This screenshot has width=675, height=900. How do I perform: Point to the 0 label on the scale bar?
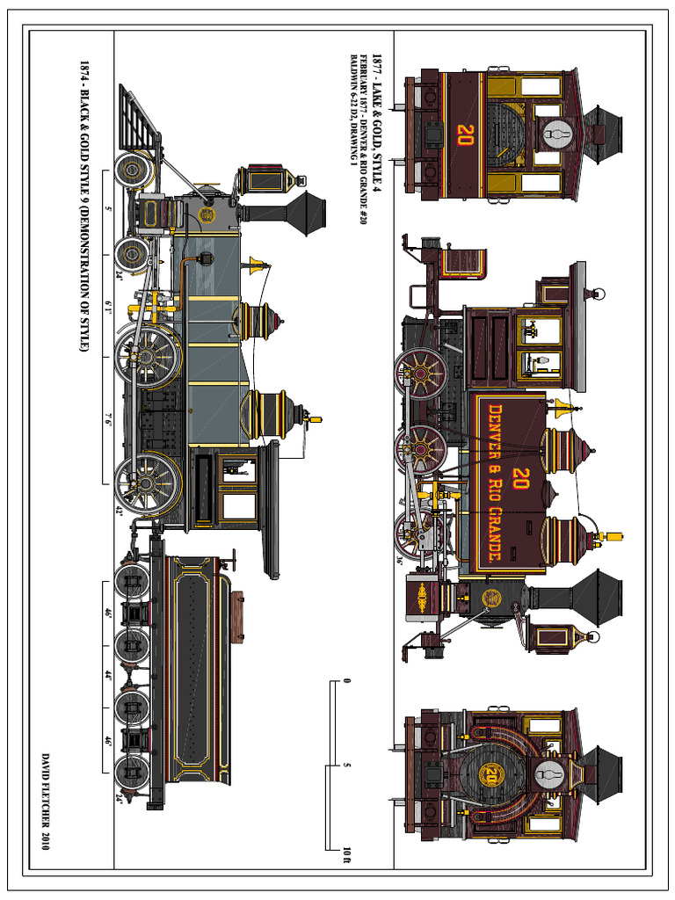[348, 681]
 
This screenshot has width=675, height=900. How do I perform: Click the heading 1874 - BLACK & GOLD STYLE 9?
[84, 207]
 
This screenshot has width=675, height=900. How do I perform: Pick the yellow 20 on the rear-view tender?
[465, 134]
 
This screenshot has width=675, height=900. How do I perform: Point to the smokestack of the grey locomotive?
[299, 213]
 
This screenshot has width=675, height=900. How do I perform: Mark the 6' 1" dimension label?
[108, 308]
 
